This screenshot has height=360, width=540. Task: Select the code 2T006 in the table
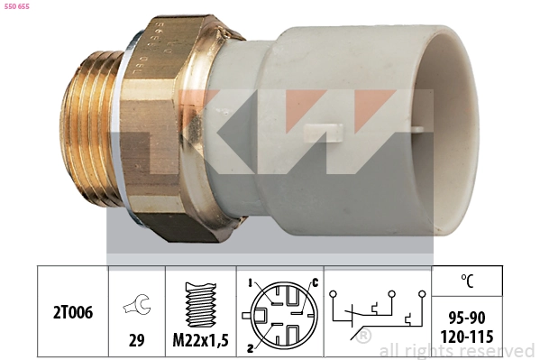[x=72, y=311]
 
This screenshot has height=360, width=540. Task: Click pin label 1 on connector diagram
[x=248, y=283]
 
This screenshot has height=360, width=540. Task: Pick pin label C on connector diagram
[x=315, y=283]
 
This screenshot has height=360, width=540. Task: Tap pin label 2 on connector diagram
[x=248, y=344]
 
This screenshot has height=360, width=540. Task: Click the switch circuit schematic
[x=377, y=311]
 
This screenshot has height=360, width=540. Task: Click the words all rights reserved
[x=457, y=350]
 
